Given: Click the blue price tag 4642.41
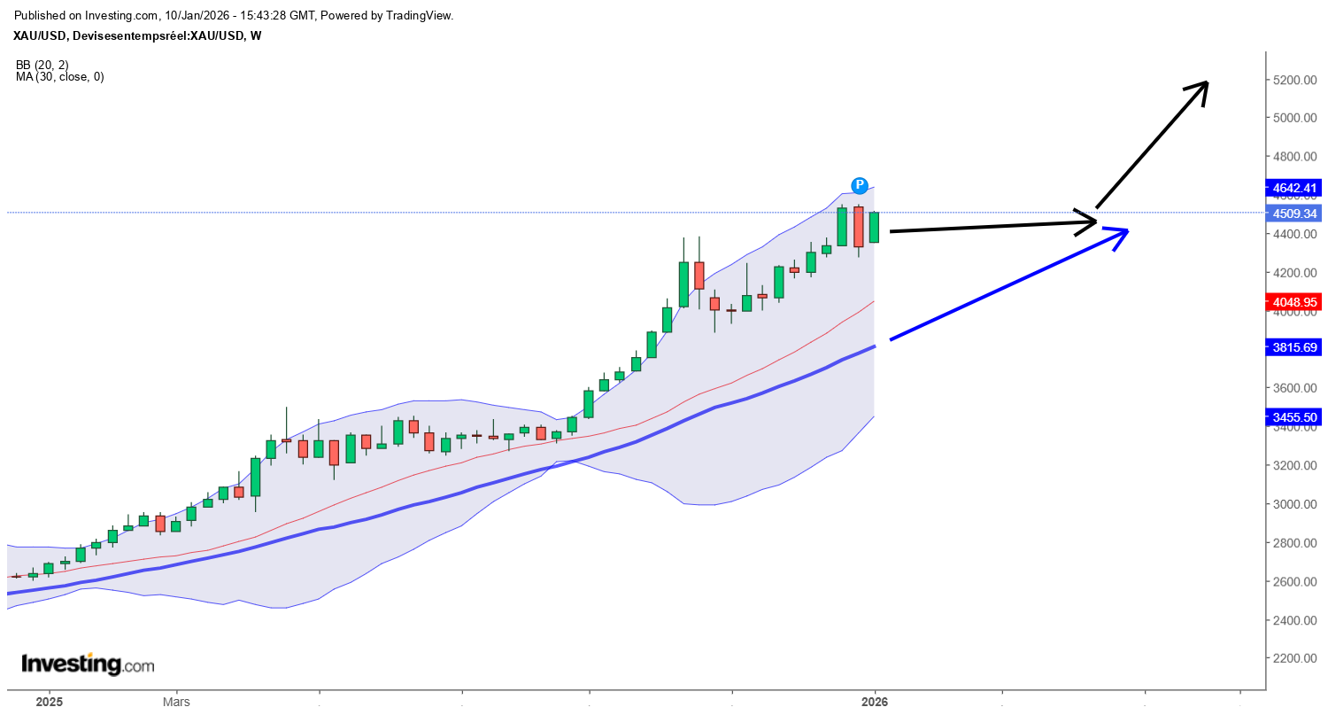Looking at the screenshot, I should tap(1294, 188).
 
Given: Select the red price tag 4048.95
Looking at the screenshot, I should tap(1294, 302).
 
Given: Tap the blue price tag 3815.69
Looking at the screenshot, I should tap(1294, 347).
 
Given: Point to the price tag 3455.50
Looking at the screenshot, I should tap(1294, 416).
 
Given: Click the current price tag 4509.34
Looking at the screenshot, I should tap(1294, 214).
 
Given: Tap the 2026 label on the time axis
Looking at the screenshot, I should tap(874, 702).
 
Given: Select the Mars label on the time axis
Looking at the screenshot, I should tap(176, 702).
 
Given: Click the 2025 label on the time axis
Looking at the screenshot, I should tap(49, 702).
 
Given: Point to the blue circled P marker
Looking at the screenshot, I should tap(859, 185).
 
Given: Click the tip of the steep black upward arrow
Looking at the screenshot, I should tap(1208, 82).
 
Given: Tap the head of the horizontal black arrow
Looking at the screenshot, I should tap(1096, 221).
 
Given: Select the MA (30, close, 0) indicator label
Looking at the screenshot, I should tap(59, 77).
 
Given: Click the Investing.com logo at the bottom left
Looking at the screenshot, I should tap(87, 664).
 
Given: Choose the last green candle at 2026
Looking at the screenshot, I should tap(875, 227).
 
